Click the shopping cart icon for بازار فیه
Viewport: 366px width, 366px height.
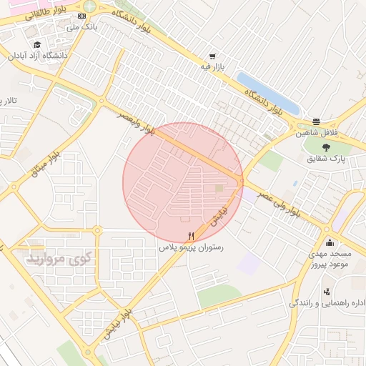pyautogui.click(x=212, y=56)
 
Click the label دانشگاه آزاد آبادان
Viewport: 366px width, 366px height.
pyautogui.click(x=37, y=55)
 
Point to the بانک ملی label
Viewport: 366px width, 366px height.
pyautogui.click(x=81, y=26)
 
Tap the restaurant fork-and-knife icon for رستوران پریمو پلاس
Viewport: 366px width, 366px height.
pyautogui.click(x=190, y=236)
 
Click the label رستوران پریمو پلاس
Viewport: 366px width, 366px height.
pyautogui.click(x=191, y=247)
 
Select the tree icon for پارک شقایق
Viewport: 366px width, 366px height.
pyautogui.click(x=327, y=147)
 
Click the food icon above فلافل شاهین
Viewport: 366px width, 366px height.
pyautogui.click(x=317, y=122)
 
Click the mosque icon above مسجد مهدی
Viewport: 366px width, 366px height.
pyautogui.click(x=329, y=242)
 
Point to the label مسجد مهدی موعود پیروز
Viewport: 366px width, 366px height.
pyautogui.click(x=329, y=259)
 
